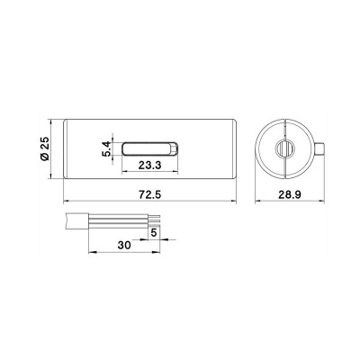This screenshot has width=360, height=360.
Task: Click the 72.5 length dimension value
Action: [149, 194]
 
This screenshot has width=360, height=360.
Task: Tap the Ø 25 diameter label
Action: [44, 148]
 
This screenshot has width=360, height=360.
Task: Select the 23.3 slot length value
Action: [149, 165]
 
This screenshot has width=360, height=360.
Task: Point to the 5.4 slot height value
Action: [107, 149]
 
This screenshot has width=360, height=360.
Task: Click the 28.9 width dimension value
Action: [290, 194]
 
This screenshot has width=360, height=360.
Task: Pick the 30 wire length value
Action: [124, 245]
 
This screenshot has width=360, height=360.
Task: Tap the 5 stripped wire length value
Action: [154, 233]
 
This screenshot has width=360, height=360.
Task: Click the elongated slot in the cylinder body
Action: [150, 149]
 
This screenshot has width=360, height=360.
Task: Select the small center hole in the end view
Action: [284, 148]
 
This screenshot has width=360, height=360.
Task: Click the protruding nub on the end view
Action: [319, 148]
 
